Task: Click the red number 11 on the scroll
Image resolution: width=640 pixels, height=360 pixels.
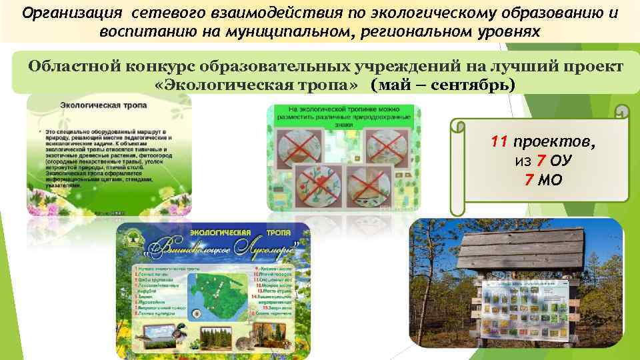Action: click(x=500, y=143)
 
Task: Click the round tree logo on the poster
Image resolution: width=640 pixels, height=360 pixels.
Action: click(x=139, y=246)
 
